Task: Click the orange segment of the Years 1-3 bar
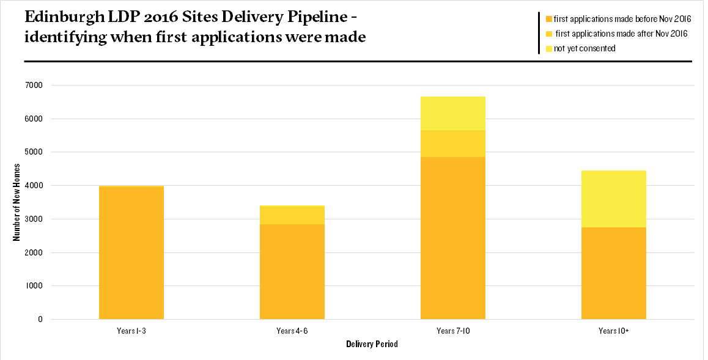pos(131,253)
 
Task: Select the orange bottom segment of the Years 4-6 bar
pos(292,271)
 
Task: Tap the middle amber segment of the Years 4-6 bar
pos(292,215)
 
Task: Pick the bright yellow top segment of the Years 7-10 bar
pos(452,113)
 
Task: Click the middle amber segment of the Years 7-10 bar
pos(452,144)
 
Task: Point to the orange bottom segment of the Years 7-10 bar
pos(452,238)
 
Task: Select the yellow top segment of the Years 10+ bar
pos(613,199)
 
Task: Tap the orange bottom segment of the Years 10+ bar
pos(613,273)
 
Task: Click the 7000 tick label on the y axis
pos(34,85)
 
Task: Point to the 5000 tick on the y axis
pos(34,152)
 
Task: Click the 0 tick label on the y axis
pos(40,319)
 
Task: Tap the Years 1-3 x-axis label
pos(131,331)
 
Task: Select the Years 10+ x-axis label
pos(613,331)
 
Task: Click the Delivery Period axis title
pos(372,344)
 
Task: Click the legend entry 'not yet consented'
pos(584,48)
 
